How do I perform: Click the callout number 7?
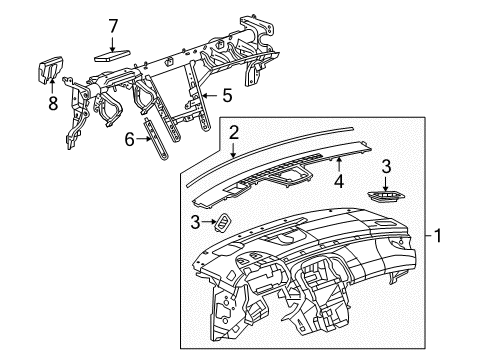[113, 26]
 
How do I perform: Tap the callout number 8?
[53, 103]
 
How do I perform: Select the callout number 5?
[227, 96]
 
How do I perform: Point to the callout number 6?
[129, 139]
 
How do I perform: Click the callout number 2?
[234, 132]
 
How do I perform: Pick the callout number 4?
[339, 181]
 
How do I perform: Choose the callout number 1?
[438, 235]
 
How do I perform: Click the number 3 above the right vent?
[386, 166]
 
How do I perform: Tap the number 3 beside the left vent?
[195, 222]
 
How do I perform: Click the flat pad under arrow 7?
[112, 56]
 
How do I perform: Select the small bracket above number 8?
[49, 70]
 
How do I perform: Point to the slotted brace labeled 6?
[156, 138]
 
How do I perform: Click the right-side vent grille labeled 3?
[386, 196]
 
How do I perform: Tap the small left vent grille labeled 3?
[222, 222]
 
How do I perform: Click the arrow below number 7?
[113, 44]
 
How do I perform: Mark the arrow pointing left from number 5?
[210, 96]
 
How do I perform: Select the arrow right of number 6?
[144, 139]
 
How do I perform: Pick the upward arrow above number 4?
[339, 164]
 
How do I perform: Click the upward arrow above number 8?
[52, 85]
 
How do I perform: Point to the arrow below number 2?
[233, 150]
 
